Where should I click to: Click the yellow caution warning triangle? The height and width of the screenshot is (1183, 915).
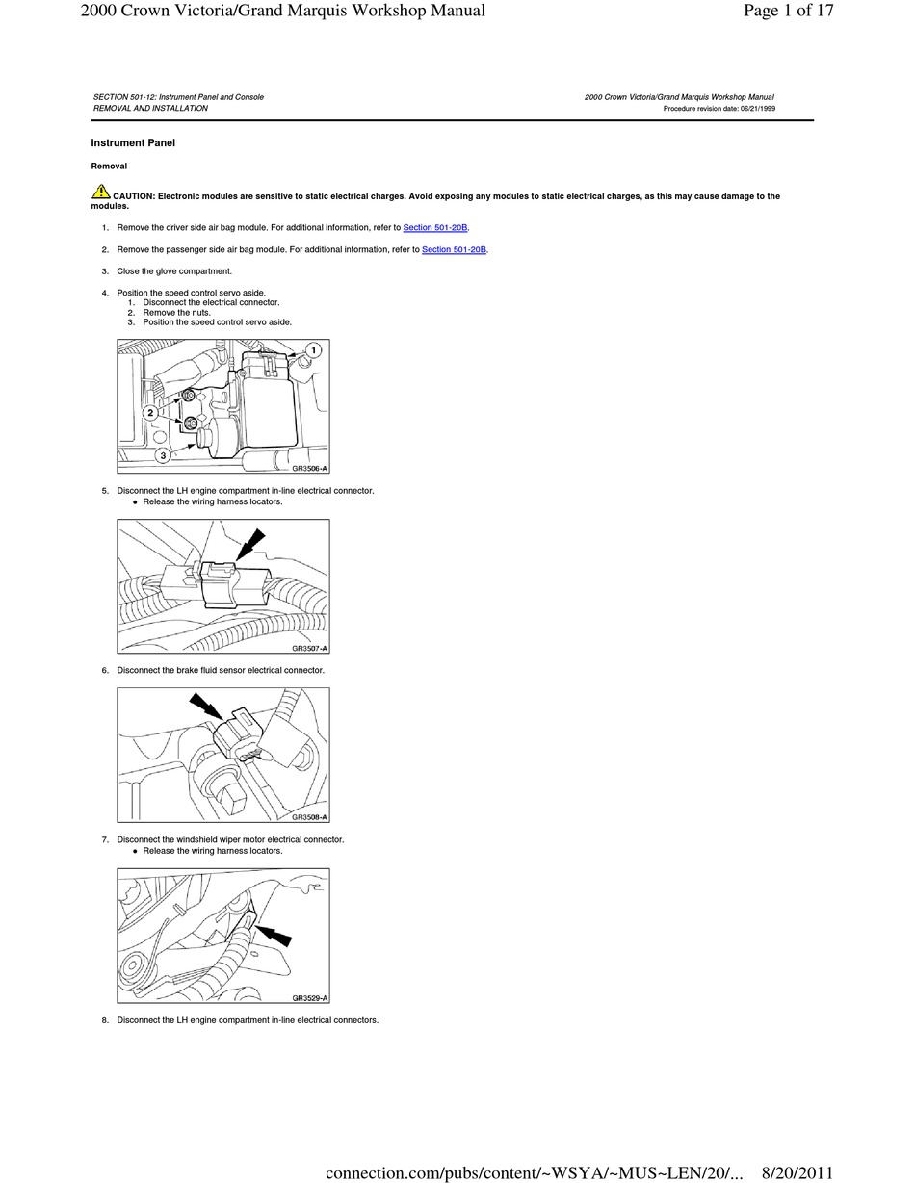click(101, 193)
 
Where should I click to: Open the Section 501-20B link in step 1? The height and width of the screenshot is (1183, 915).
click(434, 227)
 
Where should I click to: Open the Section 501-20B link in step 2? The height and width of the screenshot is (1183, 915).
click(454, 249)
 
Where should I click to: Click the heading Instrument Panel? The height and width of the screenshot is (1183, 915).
click(133, 143)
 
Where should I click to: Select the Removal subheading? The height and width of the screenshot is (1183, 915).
click(109, 167)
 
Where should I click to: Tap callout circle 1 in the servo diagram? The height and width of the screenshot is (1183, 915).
click(313, 350)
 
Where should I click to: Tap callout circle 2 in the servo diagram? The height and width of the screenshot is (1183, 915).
click(150, 412)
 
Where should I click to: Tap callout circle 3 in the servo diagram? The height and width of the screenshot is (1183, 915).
click(163, 455)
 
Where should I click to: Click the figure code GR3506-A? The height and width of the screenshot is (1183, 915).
click(309, 468)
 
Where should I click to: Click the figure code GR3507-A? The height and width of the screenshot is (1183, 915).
click(309, 648)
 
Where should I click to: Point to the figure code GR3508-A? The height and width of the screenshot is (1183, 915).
click(309, 817)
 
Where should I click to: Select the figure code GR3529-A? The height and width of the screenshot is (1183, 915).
click(309, 998)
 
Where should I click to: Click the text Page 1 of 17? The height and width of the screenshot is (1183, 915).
click(788, 12)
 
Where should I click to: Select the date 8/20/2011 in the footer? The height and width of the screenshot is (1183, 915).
click(797, 1172)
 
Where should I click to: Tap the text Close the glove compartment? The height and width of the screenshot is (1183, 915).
click(174, 271)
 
